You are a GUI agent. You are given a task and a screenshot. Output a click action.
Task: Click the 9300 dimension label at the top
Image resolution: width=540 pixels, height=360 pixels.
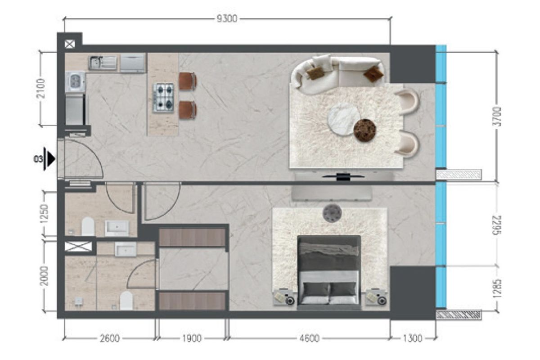pyautogui.click(x=227, y=19)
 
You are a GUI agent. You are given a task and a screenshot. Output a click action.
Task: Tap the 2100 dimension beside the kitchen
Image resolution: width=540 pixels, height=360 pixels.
pyautogui.click(x=41, y=88)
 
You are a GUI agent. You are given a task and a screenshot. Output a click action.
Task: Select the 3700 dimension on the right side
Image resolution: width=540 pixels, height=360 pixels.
pyautogui.click(x=497, y=117)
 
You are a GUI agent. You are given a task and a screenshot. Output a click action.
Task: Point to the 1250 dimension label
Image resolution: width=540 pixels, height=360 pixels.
pyautogui.click(x=45, y=214)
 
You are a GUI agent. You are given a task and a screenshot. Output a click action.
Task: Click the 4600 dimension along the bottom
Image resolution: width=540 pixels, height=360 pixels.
pyautogui.click(x=309, y=338)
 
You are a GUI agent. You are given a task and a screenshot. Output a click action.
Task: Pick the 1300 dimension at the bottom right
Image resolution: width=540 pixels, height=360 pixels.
pyautogui.click(x=413, y=338)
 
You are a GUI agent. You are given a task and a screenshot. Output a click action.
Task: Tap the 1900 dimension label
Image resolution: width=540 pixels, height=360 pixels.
pyautogui.click(x=192, y=338)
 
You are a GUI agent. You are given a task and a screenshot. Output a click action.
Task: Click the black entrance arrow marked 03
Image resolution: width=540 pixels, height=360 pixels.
pyautogui.click(x=50, y=159)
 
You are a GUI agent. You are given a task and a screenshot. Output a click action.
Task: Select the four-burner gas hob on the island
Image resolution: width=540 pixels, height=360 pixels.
pyautogui.click(x=164, y=98)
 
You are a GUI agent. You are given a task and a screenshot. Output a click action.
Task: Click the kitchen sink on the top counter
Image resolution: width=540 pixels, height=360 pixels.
pyautogui.click(x=103, y=63)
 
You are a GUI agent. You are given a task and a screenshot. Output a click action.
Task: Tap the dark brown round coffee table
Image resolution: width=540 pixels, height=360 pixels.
pyautogui.click(x=364, y=130)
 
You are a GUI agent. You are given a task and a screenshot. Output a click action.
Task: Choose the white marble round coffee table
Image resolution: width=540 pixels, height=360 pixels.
pyautogui.click(x=343, y=119)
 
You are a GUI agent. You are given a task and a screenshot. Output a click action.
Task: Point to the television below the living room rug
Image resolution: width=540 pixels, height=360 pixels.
pyautogui.click(x=343, y=177)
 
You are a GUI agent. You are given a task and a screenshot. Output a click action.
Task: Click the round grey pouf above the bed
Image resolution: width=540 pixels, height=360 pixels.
pyautogui.click(x=332, y=213)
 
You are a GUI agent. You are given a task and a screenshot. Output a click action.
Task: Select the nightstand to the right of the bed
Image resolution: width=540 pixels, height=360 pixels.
pyautogui.click(x=376, y=297)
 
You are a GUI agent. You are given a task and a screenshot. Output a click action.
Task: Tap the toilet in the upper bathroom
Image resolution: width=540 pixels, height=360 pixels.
pyautogui.click(x=88, y=226)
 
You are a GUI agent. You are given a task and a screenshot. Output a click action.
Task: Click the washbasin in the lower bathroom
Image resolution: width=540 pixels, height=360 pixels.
pyautogui.click(x=126, y=249)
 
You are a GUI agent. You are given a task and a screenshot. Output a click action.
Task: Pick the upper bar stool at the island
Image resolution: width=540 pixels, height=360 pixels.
pyautogui.click(x=188, y=81)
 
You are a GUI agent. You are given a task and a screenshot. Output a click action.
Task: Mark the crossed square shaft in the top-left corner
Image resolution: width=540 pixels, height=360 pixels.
pyautogui.click(x=70, y=44)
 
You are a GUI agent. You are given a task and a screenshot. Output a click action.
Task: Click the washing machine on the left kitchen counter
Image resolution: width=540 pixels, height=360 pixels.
pyautogui.click(x=75, y=82)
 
